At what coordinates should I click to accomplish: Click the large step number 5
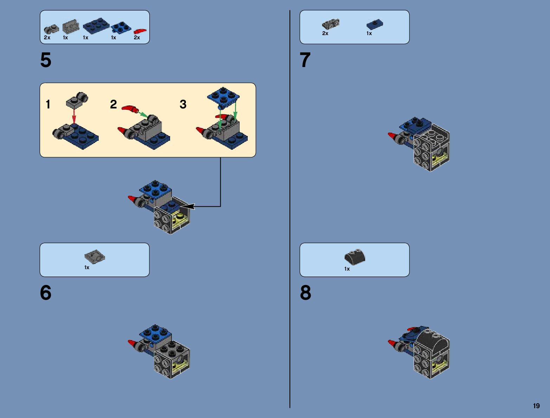46,60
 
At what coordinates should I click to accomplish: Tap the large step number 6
46,293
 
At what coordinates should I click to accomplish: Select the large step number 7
305,60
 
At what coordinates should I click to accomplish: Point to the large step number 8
305,293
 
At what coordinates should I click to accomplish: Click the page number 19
536,406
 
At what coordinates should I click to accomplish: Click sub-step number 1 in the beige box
48,104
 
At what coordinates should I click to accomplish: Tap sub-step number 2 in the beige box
113,104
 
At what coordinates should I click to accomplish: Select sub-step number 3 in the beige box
183,104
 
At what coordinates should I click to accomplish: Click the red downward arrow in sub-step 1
74,116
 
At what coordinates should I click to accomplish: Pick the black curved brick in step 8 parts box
355,257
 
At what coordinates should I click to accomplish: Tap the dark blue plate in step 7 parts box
375,24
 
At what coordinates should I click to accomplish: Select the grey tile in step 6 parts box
95,257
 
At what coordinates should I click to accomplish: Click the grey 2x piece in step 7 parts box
331,24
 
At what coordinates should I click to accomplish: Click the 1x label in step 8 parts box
347,269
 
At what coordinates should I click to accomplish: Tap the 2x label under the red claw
137,38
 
